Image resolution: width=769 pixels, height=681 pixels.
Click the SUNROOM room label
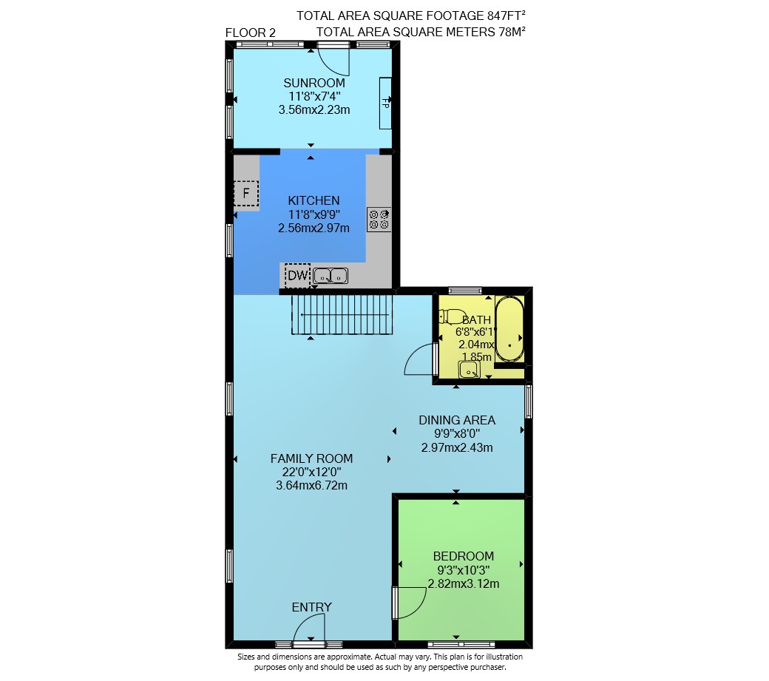pyautogui.click(x=314, y=83)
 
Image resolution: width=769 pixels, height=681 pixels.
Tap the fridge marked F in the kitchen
pyautogui.click(x=245, y=193)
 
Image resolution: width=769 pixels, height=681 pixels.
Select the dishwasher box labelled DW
pyautogui.click(x=297, y=276)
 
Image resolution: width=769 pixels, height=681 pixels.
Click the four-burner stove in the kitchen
pyautogui.click(x=379, y=220)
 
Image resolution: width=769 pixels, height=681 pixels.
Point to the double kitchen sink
pyautogui.click(x=331, y=276)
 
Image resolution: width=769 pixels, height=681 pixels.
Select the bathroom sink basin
pyautogui.click(x=470, y=370)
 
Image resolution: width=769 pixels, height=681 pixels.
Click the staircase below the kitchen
pyautogui.click(x=342, y=314)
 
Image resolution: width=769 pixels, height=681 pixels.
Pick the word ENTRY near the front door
pyautogui.click(x=312, y=607)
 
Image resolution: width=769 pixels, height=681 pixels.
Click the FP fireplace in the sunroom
pyautogui.click(x=385, y=104)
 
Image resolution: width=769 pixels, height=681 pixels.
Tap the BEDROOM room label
pyautogui.click(x=464, y=556)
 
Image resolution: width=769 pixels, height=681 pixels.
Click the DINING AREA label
pyautogui.click(x=457, y=420)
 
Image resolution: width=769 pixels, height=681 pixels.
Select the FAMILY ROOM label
pyautogui.click(x=312, y=458)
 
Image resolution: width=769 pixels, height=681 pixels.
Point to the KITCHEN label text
pyautogui.click(x=314, y=200)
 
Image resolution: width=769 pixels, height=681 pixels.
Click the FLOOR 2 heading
pyautogui.click(x=251, y=33)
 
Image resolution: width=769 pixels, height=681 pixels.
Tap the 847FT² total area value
pyautogui.click(x=507, y=16)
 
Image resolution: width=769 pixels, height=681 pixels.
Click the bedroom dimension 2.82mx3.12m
pyautogui.click(x=464, y=584)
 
